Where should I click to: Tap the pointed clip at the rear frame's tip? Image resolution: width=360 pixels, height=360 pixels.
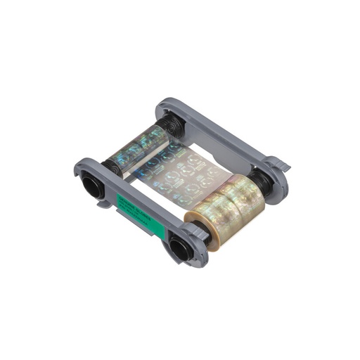click(284, 167)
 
